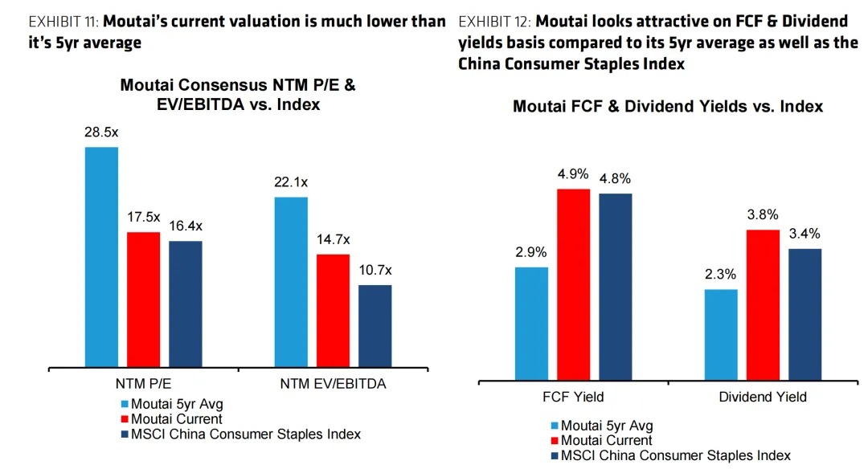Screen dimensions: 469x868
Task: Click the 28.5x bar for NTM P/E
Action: [x=101, y=257]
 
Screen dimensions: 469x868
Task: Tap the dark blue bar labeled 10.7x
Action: [x=375, y=326]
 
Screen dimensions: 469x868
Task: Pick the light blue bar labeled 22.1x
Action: [x=291, y=282]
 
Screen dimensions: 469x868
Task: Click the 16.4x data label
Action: [x=185, y=226]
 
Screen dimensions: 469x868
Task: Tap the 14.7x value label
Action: [x=333, y=239]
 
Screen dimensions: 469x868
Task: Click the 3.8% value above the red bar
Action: [x=763, y=214]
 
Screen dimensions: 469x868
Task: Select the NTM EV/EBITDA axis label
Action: [x=333, y=384]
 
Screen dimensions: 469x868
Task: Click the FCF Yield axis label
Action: [x=573, y=397]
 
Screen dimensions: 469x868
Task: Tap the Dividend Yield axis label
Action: [x=763, y=397]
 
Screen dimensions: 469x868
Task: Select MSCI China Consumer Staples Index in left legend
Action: [x=240, y=434]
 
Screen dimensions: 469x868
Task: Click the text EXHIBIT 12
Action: [x=493, y=22]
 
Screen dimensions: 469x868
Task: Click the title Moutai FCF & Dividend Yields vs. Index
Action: [x=668, y=107]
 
